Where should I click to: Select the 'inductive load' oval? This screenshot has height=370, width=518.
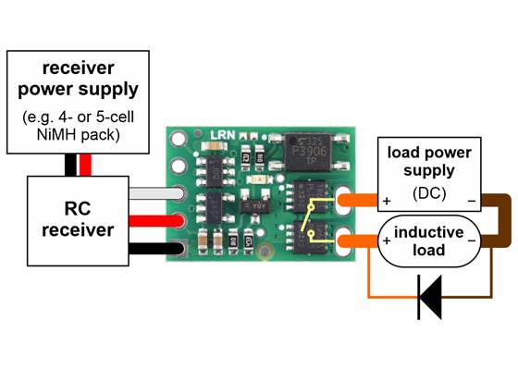[425, 240]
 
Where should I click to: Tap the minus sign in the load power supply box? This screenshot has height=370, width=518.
[471, 201]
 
